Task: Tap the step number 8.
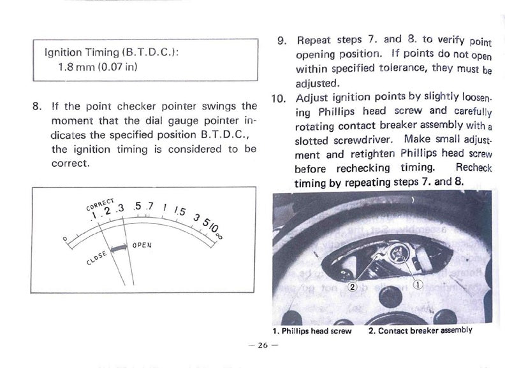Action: (x=37, y=106)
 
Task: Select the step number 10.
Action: (x=279, y=98)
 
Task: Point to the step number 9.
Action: (x=282, y=41)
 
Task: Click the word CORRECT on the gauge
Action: (x=100, y=204)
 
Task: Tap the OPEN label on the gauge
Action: (x=142, y=245)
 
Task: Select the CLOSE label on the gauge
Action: (x=96, y=258)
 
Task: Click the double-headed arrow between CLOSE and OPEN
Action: (x=119, y=249)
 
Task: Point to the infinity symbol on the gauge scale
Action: (x=220, y=236)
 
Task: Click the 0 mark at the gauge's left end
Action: (x=65, y=239)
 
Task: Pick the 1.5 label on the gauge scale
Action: (x=179, y=211)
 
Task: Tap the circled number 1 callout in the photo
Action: (x=418, y=285)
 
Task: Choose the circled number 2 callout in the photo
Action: (x=353, y=287)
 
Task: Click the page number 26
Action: (x=263, y=345)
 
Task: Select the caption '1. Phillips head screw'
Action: (x=312, y=331)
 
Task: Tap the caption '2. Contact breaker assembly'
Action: (x=420, y=330)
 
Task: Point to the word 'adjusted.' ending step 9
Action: (x=318, y=83)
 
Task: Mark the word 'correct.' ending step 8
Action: (x=70, y=164)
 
